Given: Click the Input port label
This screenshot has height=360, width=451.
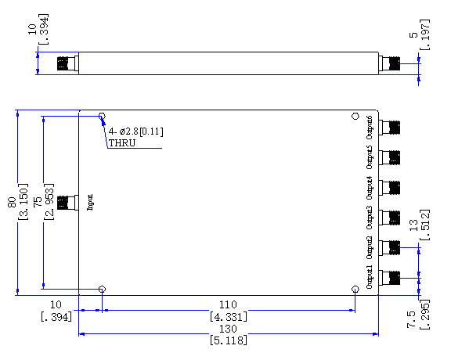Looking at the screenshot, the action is pyautogui.click(x=90, y=203).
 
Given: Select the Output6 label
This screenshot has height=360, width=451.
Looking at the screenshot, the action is pyautogui.click(x=370, y=128).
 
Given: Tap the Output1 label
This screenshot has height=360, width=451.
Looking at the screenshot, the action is pyautogui.click(x=370, y=277).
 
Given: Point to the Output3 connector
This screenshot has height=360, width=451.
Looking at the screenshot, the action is pyautogui.click(x=389, y=218).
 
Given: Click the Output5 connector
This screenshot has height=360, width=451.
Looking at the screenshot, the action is pyautogui.click(x=389, y=157).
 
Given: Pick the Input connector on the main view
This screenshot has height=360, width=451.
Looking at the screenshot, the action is pyautogui.click(x=68, y=203).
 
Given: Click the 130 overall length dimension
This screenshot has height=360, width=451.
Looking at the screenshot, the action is pyautogui.click(x=228, y=329).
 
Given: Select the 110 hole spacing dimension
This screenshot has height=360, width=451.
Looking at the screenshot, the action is pyautogui.click(x=228, y=304).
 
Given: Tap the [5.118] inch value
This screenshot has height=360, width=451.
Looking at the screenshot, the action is pyautogui.click(x=229, y=340).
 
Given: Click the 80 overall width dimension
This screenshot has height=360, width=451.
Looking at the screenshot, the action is pyautogui.click(x=12, y=202).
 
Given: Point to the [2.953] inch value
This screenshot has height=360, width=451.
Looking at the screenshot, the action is pyautogui.click(x=49, y=202).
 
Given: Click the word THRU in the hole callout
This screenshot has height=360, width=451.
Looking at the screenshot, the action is pyautogui.click(x=122, y=143).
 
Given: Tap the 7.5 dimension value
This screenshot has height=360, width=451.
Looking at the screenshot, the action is pyautogui.click(x=411, y=319).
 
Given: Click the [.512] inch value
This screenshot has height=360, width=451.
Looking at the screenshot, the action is pyautogui.click(x=425, y=225).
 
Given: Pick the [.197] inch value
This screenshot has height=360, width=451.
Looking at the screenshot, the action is pyautogui.click(x=425, y=34).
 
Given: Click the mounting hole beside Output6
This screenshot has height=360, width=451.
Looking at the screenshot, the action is pyautogui.click(x=355, y=116).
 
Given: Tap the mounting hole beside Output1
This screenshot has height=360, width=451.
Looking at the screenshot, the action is pyautogui.click(x=355, y=289).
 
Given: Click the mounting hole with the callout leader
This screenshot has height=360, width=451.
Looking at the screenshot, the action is pyautogui.click(x=102, y=116).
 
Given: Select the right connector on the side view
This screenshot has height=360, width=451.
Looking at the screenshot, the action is pyautogui.click(x=389, y=63).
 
